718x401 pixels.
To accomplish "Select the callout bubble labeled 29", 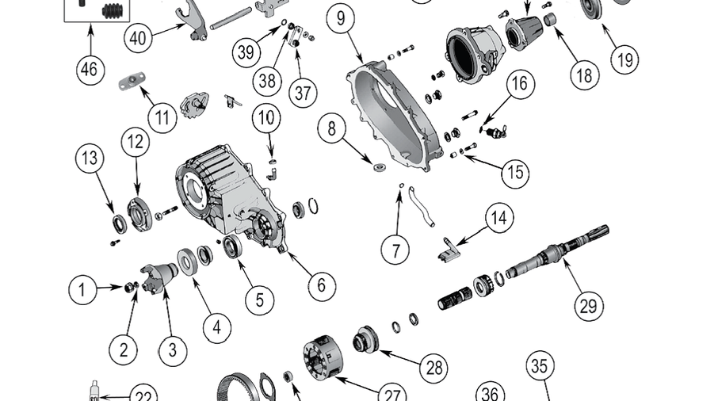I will click(x=588, y=304).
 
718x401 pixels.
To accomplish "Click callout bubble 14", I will click(x=499, y=217).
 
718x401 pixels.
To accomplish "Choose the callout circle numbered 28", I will click(x=434, y=367).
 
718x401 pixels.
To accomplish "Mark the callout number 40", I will click(x=139, y=36).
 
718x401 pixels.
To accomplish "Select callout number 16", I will click(x=520, y=85).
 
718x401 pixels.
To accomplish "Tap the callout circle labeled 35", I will click(x=539, y=366).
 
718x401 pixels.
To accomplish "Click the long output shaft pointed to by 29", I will click(x=555, y=254).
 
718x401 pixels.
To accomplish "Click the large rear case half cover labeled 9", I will click(x=396, y=119).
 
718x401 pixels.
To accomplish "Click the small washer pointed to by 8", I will click(x=379, y=166).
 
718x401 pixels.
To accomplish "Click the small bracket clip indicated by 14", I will click(x=447, y=249).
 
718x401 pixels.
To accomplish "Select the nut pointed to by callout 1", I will click(x=129, y=287).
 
